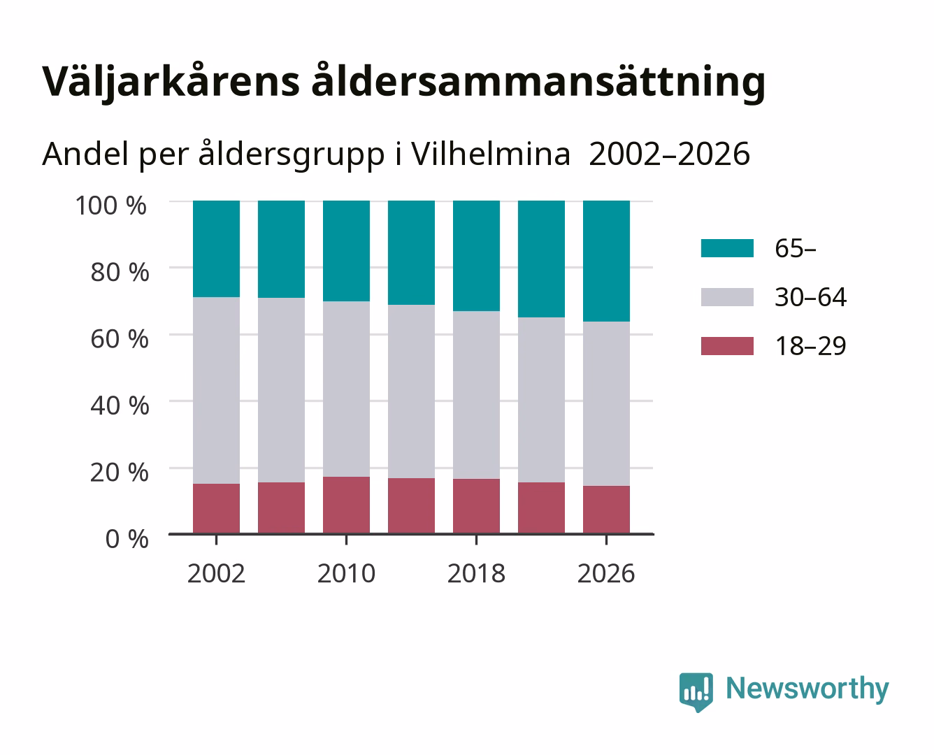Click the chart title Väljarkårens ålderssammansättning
[403, 82]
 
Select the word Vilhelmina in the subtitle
[491, 154]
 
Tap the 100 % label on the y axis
[111, 206]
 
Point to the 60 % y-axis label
[120, 339]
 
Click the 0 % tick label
[127, 539]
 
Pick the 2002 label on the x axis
[216, 573]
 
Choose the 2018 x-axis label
[476, 573]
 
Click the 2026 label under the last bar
[606, 573]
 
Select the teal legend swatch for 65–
[728, 248]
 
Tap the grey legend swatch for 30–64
[728, 297]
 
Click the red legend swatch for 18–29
[728, 346]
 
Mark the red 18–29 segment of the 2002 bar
[216, 509]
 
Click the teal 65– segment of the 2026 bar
[606, 261]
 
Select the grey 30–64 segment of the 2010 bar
[347, 389]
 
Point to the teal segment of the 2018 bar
[476, 256]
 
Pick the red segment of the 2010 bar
[347, 505]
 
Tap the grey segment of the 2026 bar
[606, 404]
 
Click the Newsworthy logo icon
[696, 692]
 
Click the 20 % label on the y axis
[120, 472]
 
